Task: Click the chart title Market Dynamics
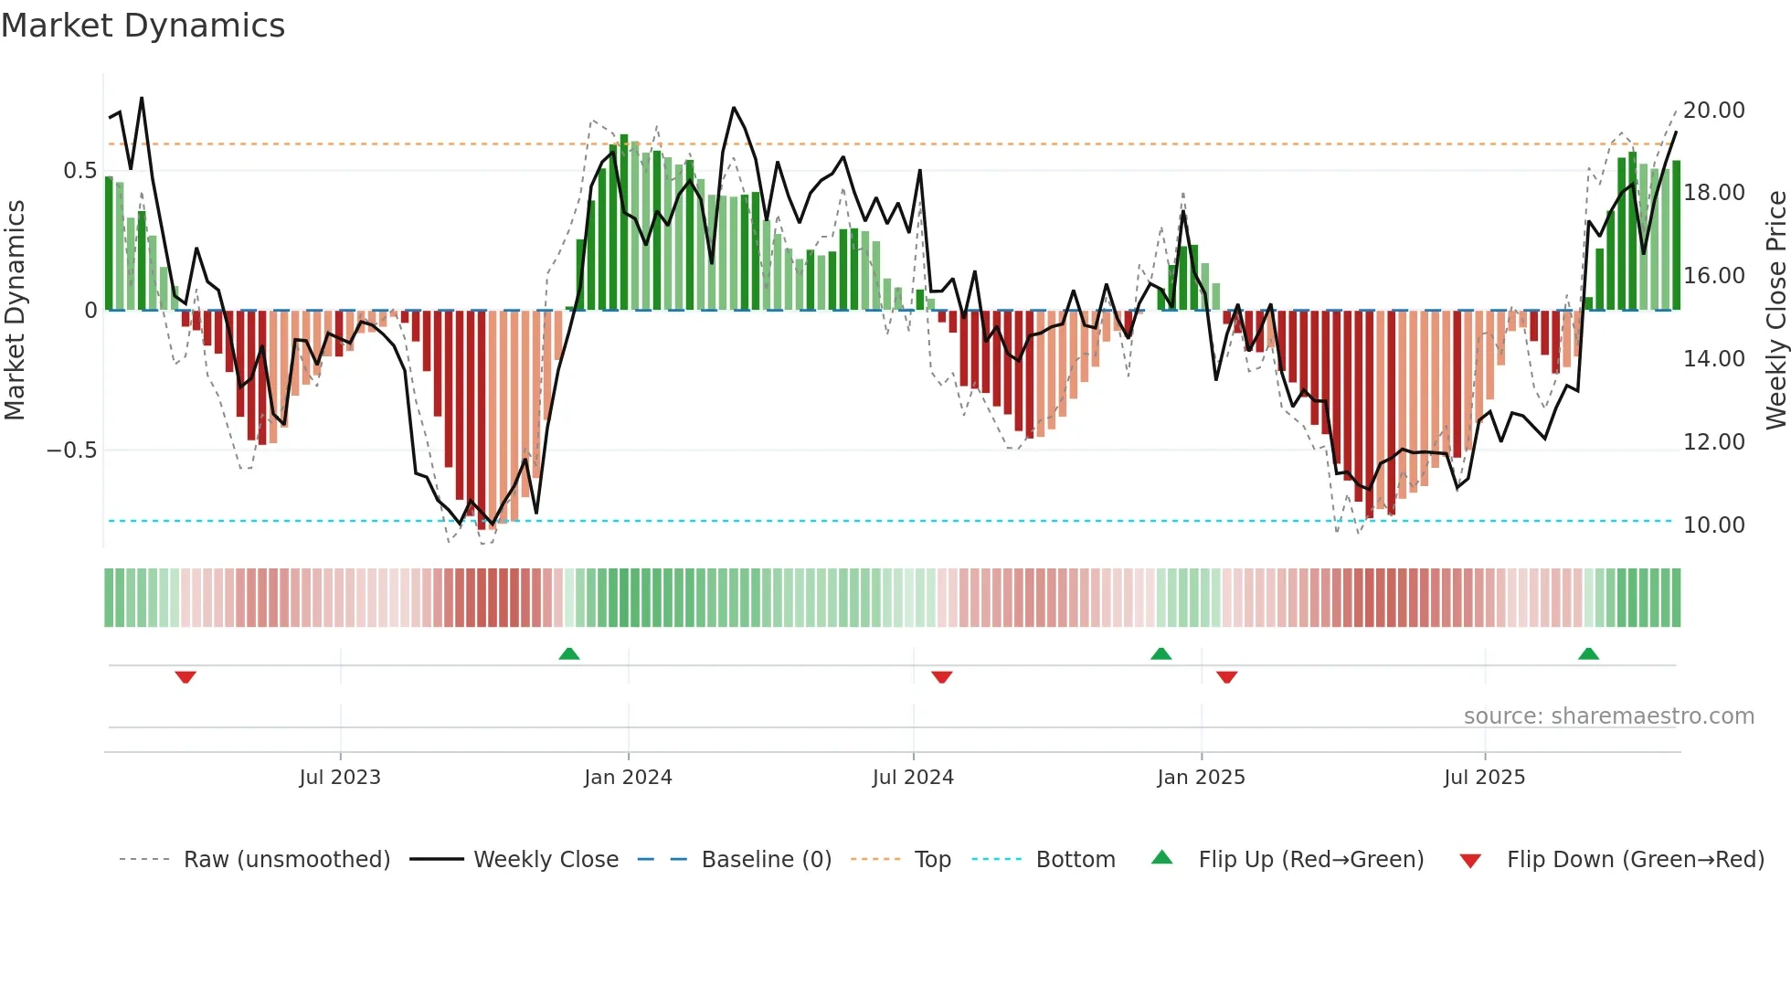click(x=143, y=26)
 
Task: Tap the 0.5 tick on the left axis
click(x=79, y=171)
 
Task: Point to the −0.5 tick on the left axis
click(x=71, y=450)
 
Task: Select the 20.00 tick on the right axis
click(x=1713, y=111)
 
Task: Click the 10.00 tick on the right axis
click(x=1713, y=525)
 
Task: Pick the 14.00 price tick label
click(x=1713, y=359)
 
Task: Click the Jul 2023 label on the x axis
click(x=340, y=778)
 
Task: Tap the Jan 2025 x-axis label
click(x=1201, y=778)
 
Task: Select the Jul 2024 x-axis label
click(x=913, y=778)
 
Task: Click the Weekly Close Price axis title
click(x=1775, y=311)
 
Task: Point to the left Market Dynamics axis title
click(x=15, y=311)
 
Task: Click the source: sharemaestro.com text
click(x=1608, y=716)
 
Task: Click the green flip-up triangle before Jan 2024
click(x=569, y=653)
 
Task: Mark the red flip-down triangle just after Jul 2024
click(x=942, y=677)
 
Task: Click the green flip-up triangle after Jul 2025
click(x=1588, y=653)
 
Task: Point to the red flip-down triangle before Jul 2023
click(x=185, y=677)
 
